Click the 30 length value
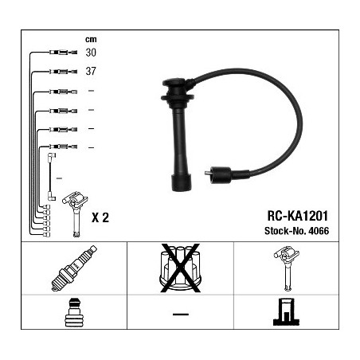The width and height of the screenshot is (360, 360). pyautogui.click(x=91, y=53)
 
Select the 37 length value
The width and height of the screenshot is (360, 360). pyautogui.click(x=91, y=71)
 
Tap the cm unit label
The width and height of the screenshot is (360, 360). pyautogui.click(x=91, y=40)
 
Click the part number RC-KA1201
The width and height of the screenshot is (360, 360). pyautogui.click(x=298, y=216)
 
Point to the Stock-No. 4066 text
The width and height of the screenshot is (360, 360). pyautogui.click(x=296, y=231)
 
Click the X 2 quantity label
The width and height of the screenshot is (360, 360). pyautogui.click(x=100, y=217)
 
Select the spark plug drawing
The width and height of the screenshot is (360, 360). pyautogui.click(x=74, y=268)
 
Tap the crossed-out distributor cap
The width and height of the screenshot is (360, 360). pyautogui.click(x=181, y=268)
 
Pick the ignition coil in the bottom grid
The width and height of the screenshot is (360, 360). pyautogui.click(x=287, y=268)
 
